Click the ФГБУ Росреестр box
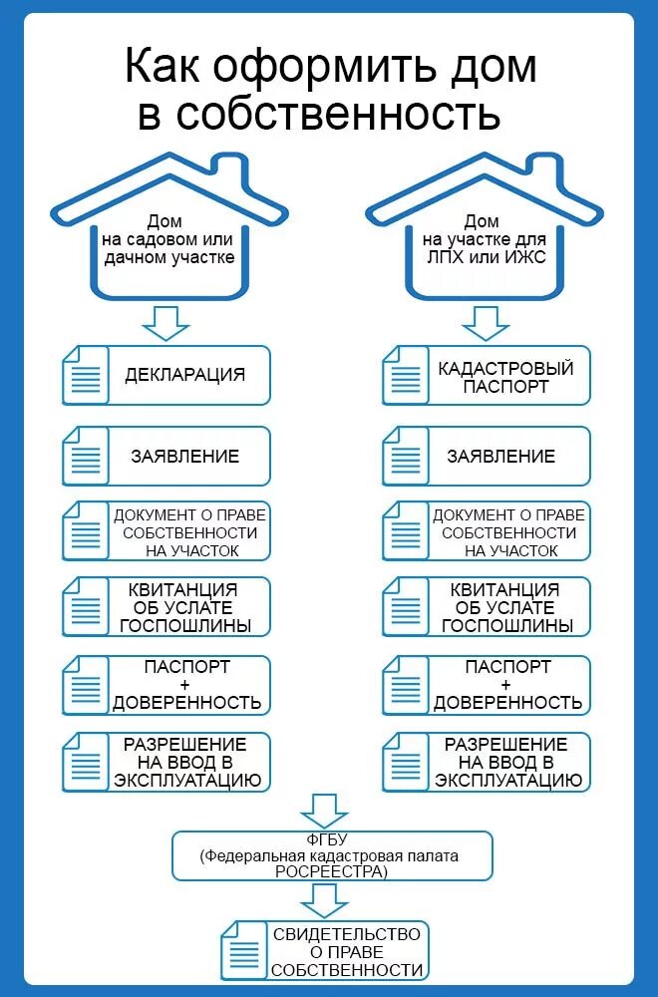click(x=331, y=854)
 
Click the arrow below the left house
click(x=165, y=322)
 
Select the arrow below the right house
click(x=486, y=322)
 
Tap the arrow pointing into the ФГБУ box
click(x=324, y=809)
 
